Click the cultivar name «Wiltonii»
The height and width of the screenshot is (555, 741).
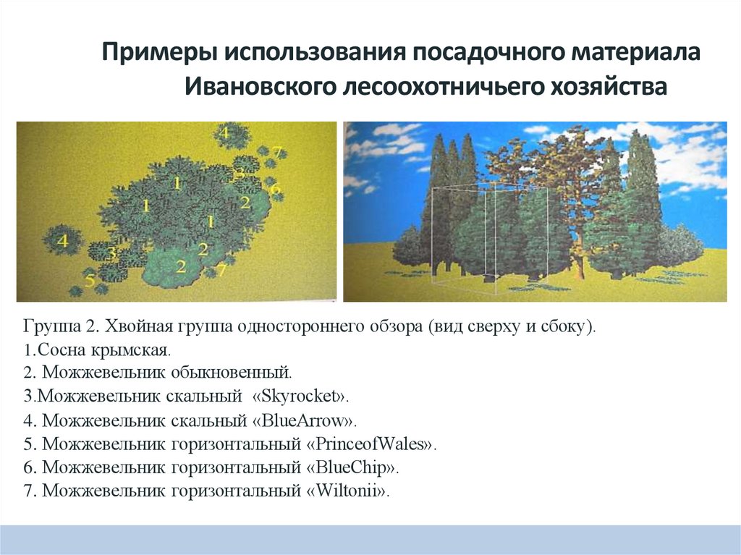tap(348, 491)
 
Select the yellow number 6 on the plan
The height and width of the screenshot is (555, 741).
tap(274, 189)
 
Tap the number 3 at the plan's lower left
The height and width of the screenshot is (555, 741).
tap(111, 253)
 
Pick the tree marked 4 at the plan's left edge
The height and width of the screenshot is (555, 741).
tap(62, 241)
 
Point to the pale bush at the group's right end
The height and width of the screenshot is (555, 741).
tap(680, 246)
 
